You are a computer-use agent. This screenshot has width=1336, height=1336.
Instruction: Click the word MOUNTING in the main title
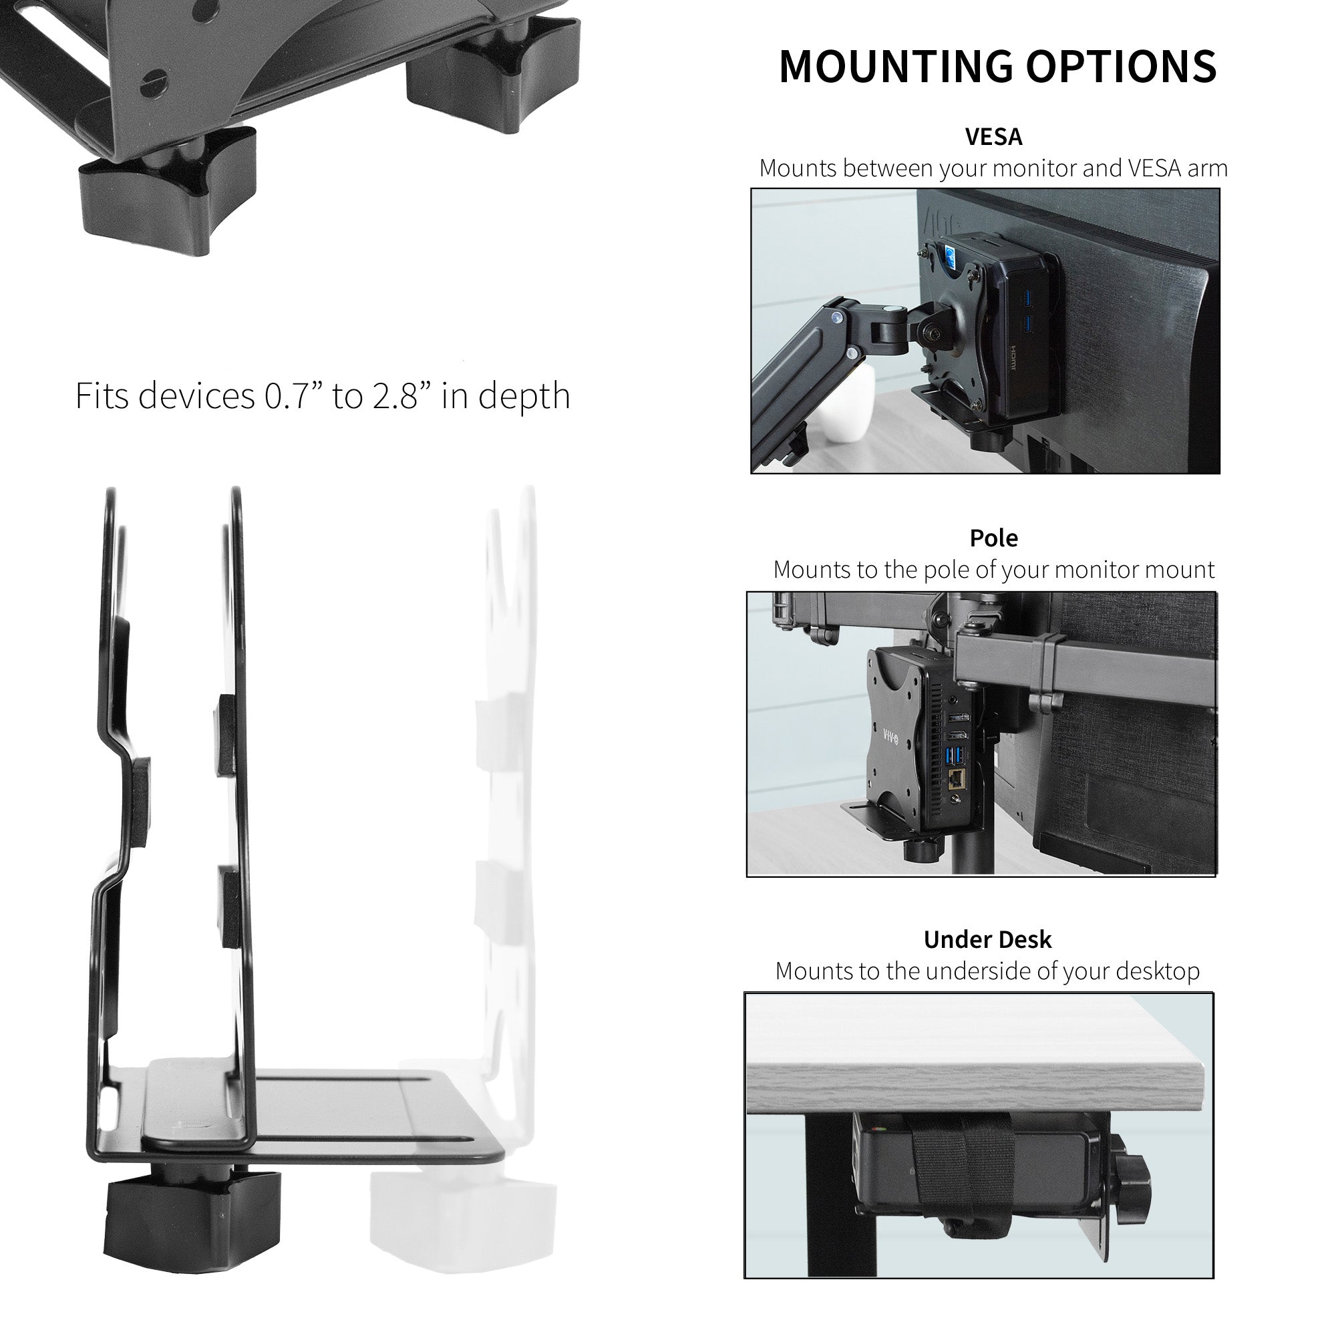[x=896, y=67]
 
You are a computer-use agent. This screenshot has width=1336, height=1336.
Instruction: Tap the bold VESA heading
[x=993, y=137]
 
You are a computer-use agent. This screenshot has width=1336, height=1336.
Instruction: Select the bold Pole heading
[x=993, y=538]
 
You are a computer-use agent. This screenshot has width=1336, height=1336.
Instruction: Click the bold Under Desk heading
[x=987, y=940]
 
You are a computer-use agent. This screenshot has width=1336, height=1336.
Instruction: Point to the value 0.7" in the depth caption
[x=294, y=396]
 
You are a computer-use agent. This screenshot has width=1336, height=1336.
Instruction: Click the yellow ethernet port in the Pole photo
[x=958, y=778]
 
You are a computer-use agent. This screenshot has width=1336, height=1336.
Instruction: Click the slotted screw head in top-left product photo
[x=154, y=83]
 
